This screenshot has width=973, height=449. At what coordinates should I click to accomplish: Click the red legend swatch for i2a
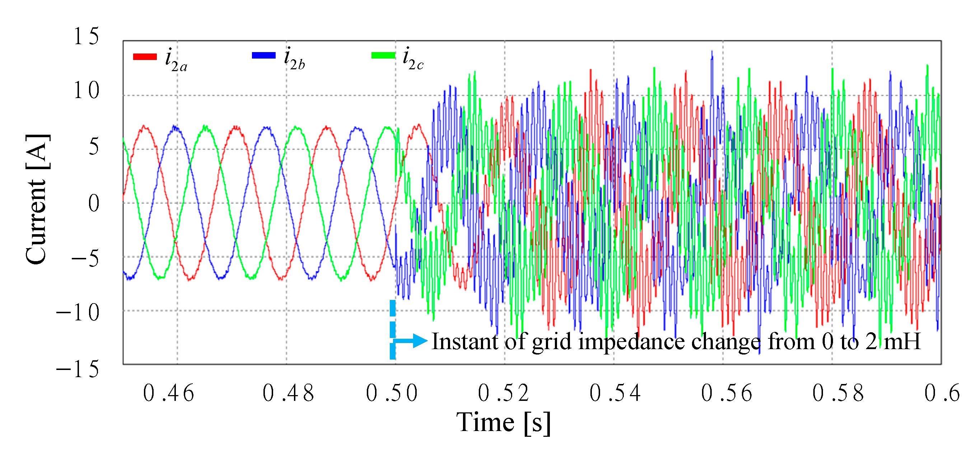point(145,57)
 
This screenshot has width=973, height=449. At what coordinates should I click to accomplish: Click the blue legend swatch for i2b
point(264,55)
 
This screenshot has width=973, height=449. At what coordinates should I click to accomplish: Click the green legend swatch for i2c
point(383,56)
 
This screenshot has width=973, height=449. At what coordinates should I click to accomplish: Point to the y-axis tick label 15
point(86,37)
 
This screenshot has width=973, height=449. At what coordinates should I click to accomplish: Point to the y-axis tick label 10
point(86,91)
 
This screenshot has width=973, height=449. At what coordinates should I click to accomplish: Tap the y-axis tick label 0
point(94,203)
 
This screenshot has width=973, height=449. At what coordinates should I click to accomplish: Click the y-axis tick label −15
point(78,369)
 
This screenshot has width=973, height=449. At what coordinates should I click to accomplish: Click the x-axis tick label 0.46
point(168,393)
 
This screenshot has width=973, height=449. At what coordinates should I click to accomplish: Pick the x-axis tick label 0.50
point(392,393)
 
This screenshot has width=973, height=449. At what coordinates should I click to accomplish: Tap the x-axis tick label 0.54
point(615,393)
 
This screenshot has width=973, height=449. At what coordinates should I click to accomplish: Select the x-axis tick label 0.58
point(838,393)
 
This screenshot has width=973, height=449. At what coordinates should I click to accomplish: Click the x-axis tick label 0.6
point(942,393)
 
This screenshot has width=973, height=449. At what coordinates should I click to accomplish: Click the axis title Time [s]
point(504,422)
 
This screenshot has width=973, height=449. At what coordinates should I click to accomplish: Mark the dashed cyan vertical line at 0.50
point(393,329)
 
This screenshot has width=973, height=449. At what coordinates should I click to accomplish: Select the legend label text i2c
point(413,59)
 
